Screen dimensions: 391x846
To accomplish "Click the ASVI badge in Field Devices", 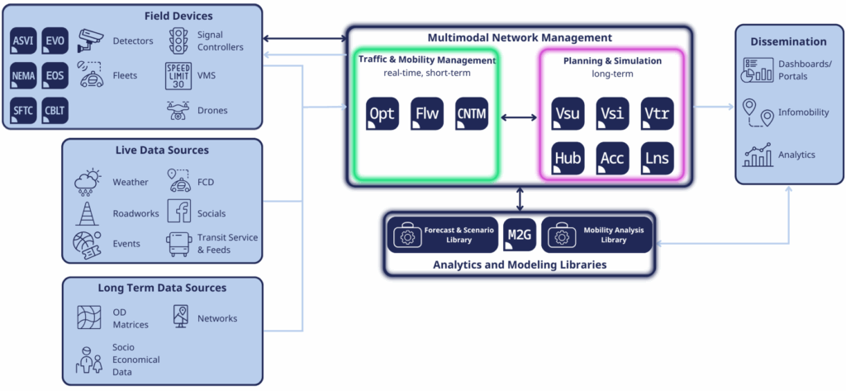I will (x=22, y=41).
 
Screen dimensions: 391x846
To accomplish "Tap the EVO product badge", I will (x=55, y=41).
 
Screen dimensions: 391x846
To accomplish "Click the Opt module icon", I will (x=383, y=114).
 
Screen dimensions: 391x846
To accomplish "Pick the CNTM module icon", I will (x=472, y=114).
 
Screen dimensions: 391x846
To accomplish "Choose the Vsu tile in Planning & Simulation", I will (x=568, y=114).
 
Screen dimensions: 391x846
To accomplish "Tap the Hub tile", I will (x=568, y=158).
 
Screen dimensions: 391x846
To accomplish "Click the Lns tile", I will (x=657, y=158).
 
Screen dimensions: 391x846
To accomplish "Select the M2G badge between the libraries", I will (x=520, y=236).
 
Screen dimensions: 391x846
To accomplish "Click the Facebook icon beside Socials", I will (x=178, y=212).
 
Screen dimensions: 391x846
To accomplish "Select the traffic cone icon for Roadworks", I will (x=87, y=212).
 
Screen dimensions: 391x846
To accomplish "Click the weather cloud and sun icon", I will (x=87, y=180).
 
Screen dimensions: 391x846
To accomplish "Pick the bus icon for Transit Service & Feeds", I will (x=178, y=243).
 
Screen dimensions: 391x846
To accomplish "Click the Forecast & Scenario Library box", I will (x=443, y=236).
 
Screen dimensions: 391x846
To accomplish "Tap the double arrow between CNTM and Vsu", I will (x=519, y=117).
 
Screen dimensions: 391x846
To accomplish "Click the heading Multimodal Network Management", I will (x=519, y=37).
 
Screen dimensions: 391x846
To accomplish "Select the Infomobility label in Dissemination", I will (x=803, y=112).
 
